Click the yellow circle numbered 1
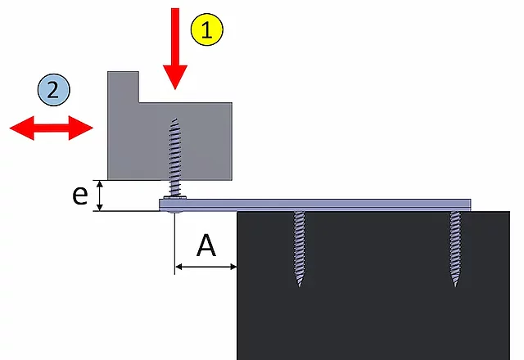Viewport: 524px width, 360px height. [x=207, y=29]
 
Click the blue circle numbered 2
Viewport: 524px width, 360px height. [x=53, y=90]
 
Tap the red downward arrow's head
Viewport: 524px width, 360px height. [x=175, y=77]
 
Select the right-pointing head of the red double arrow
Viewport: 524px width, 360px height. [x=81, y=128]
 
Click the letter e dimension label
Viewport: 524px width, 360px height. [x=80, y=196]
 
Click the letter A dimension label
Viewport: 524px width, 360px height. [x=206, y=245]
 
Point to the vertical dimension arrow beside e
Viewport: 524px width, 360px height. [x=100, y=196]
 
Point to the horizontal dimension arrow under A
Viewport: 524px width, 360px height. [x=206, y=267]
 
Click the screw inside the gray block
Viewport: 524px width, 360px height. [x=174, y=158]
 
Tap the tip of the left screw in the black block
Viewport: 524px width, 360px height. [x=299, y=286]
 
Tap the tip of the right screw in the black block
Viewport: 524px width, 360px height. [x=455, y=286]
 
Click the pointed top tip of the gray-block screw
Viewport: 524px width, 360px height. [x=175, y=119]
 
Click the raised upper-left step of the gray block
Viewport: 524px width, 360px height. [x=123, y=87]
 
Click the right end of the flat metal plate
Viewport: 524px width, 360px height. [x=471, y=205]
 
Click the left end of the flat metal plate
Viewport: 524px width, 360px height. [x=160, y=205]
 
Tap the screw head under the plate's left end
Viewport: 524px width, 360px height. [x=174, y=212]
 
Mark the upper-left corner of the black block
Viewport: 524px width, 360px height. [x=237, y=212]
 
